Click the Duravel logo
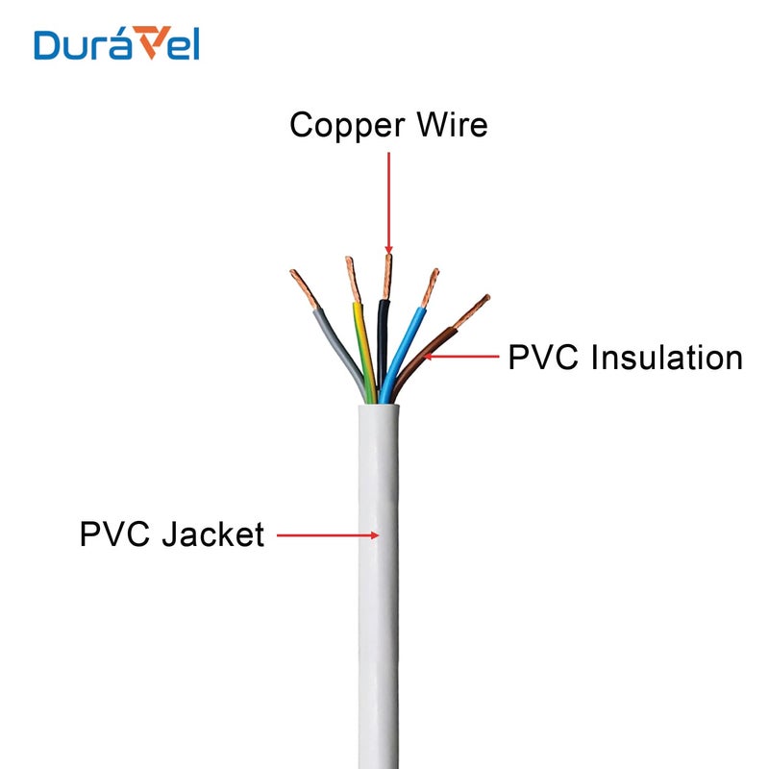pos(116,45)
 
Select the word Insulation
pos(667,358)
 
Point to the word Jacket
pos(212,533)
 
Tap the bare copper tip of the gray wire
pos(304,289)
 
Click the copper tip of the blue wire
pos(429,287)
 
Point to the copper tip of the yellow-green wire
pos(352,280)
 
